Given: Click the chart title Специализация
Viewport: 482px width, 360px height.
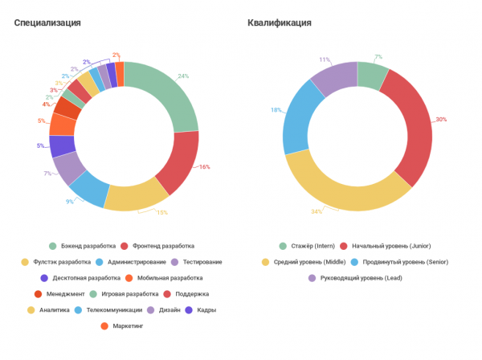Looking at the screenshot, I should click(x=47, y=22).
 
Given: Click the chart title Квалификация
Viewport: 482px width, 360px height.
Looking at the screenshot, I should click(x=280, y=22).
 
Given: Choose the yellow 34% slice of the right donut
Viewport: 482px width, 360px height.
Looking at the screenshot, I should click(x=337, y=192).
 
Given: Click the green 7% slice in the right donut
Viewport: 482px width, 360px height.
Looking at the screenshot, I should click(x=372, y=75).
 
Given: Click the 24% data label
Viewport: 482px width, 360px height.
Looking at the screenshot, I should click(x=183, y=76).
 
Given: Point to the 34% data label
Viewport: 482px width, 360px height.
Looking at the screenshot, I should click(x=316, y=212).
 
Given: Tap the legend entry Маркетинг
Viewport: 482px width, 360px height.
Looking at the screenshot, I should click(x=127, y=326).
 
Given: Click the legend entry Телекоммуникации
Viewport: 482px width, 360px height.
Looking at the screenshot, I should click(x=113, y=310).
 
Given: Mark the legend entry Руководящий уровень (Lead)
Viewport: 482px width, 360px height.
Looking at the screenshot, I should click(x=353, y=278).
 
